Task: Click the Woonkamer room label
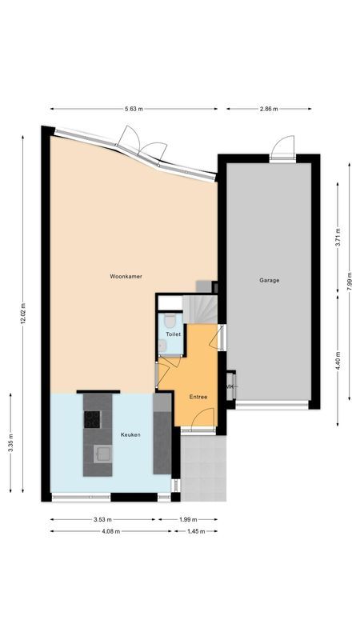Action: [126, 276]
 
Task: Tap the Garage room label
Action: [269, 280]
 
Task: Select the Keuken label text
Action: [130, 434]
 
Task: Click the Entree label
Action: [198, 397]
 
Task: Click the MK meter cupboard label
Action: [230, 387]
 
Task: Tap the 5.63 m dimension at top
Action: [134, 108]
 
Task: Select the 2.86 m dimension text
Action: [269, 108]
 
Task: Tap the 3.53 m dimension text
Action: [102, 519]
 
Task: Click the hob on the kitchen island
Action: [93, 418]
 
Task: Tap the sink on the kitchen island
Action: [102, 454]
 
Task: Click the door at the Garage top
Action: [282, 150]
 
